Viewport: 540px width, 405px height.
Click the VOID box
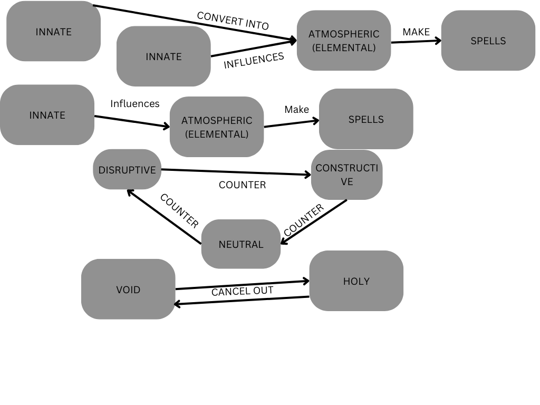point(128,289)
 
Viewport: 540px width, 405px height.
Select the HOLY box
point(356,281)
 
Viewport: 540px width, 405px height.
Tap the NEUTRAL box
point(241,244)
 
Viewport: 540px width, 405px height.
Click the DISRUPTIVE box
point(127,170)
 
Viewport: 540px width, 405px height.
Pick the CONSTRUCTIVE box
point(346,175)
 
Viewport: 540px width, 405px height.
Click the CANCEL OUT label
point(243,291)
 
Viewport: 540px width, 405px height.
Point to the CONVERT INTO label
point(233,21)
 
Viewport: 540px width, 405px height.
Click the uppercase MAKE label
point(416,32)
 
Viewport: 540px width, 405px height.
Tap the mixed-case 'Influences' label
point(135,104)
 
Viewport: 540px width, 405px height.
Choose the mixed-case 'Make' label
point(296,110)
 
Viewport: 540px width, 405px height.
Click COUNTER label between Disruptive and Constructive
point(242,185)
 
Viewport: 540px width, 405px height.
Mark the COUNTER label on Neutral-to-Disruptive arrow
point(179,211)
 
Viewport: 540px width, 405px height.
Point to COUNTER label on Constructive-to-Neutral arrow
point(303,220)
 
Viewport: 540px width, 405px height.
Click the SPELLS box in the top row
point(488,41)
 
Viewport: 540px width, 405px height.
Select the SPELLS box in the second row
point(366,119)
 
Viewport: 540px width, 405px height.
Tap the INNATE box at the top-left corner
point(53,32)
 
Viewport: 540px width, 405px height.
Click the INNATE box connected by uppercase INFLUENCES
point(163,56)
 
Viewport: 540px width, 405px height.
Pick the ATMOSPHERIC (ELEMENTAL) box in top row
point(344,41)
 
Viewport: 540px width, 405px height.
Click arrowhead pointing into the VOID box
point(178,304)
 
